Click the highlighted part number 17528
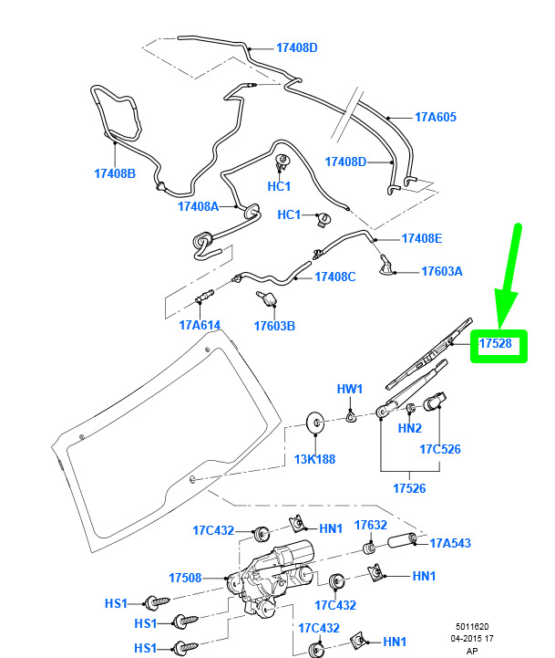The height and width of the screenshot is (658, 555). coord(495,344)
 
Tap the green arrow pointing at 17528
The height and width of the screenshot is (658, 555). coord(508,277)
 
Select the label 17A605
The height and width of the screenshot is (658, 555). coord(436,117)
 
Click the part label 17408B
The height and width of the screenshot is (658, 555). coord(115,173)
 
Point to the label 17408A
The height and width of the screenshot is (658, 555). coord(199,206)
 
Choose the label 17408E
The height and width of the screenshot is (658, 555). coord(422,238)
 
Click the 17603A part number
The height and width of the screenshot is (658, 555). coord(442,272)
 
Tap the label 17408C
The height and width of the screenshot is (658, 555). coord(335,277)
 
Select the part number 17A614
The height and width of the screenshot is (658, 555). coord(200,325)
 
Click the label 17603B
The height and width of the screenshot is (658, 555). coord(274,326)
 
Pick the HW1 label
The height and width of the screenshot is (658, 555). coord(350,389)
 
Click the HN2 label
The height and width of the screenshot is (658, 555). coord(409,428)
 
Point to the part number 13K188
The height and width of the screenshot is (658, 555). coord(314,460)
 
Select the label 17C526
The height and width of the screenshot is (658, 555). coord(440,449)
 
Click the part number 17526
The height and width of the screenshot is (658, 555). coord(409,488)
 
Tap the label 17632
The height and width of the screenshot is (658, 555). coord(371,525)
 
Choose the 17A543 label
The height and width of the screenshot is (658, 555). coord(450,543)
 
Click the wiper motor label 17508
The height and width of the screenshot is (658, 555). coord(185,579)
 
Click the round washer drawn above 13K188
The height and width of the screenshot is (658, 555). coord(315,423)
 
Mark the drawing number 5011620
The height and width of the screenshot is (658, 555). coord(472,627)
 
